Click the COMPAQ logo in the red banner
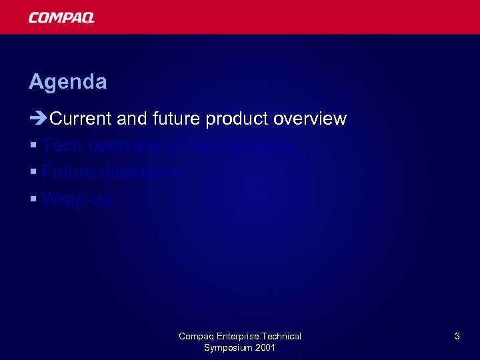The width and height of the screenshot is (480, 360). [x=61, y=17]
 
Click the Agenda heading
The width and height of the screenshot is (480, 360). [x=67, y=82]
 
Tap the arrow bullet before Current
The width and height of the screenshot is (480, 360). [x=38, y=119]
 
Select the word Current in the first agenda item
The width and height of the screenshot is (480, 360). [x=81, y=119]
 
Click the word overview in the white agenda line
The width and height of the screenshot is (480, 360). [x=310, y=119]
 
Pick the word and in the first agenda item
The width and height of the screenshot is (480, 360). [x=132, y=119]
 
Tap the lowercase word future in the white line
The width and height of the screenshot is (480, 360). [x=177, y=119]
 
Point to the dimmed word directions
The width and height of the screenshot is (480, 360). [x=141, y=172]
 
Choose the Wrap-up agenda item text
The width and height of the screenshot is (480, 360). [x=77, y=199]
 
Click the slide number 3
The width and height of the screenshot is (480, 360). [x=457, y=337]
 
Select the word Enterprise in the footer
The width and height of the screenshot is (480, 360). [x=237, y=336]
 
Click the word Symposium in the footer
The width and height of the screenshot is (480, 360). [x=227, y=348]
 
